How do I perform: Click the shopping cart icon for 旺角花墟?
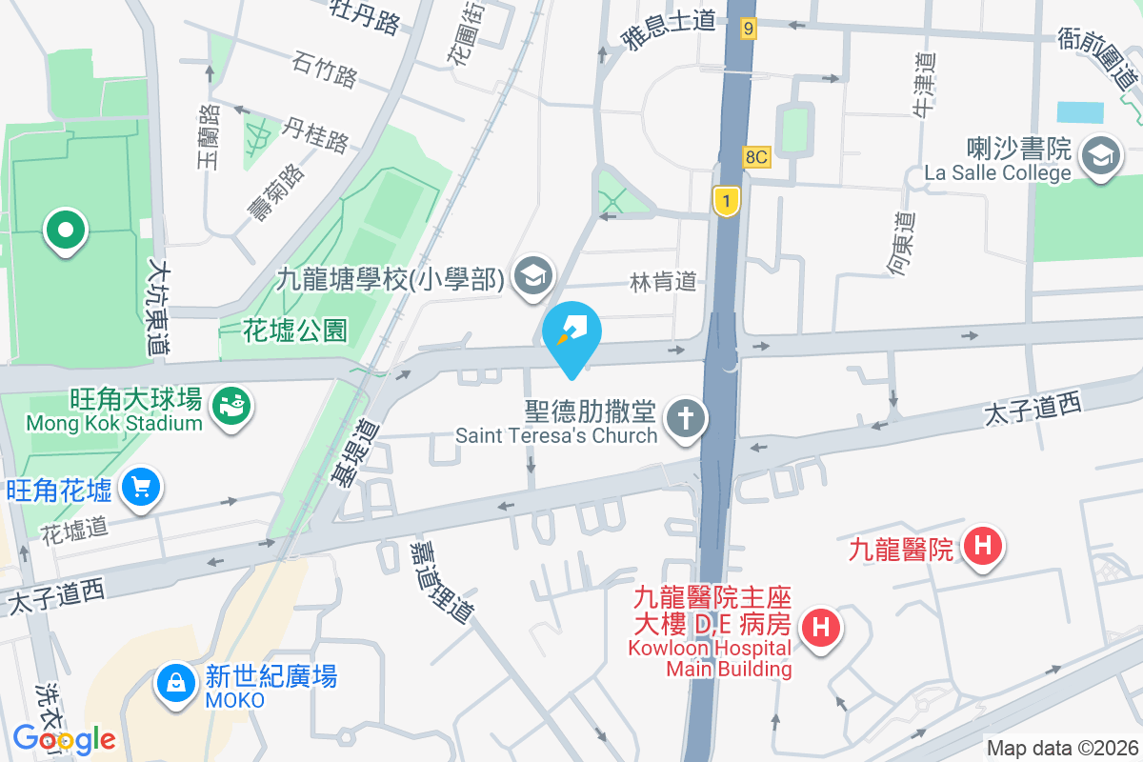(141, 489)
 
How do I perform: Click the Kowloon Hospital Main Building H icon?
(820, 628)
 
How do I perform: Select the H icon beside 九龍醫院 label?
(982, 547)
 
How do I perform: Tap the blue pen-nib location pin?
(571, 335)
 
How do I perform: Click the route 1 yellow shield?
(727, 201)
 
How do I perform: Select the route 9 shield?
(749, 30)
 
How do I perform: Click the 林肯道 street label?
(663, 281)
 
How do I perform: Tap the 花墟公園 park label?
(295, 331)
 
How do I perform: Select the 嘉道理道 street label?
(441, 583)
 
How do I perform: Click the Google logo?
(64, 738)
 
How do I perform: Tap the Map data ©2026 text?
(1061, 748)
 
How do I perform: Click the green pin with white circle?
(65, 231)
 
